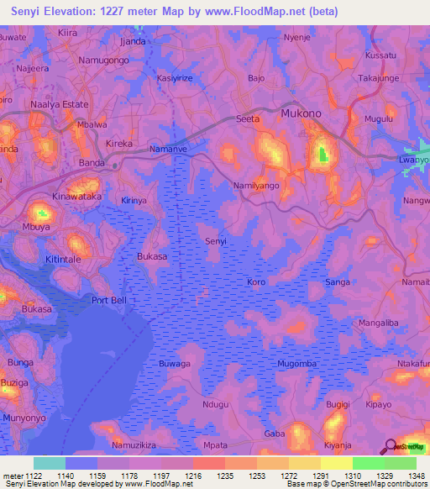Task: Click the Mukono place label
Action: pyautogui.click(x=302, y=113)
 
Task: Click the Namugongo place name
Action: pyautogui.click(x=102, y=61)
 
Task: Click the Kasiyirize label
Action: pyautogui.click(x=176, y=78)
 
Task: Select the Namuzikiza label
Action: pyautogui.click(x=134, y=443)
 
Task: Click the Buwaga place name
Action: pyautogui.click(x=175, y=364)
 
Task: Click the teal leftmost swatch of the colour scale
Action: pyautogui.click(x=50, y=463)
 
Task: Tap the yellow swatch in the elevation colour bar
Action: pyautogui.click(x=336, y=463)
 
